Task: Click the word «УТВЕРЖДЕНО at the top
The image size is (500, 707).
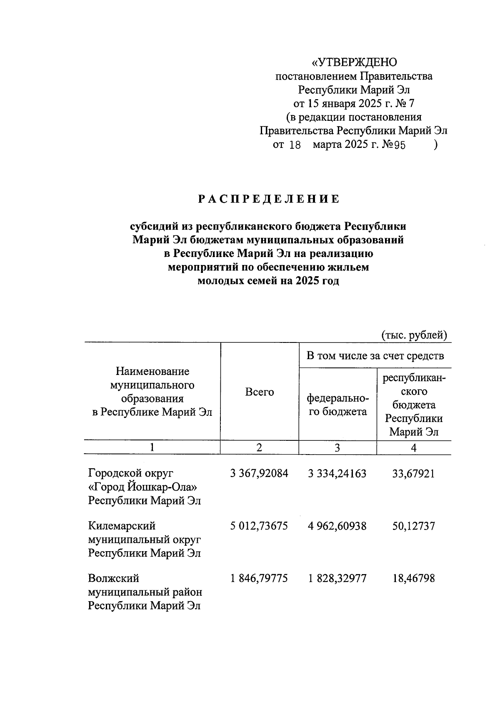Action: [x=355, y=62]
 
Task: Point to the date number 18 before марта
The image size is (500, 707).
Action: [x=295, y=145]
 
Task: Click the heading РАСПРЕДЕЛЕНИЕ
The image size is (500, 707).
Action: [x=269, y=199]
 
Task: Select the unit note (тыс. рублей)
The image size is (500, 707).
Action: [x=414, y=335]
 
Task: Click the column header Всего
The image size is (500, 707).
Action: [x=260, y=392]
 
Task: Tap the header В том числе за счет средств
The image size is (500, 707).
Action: [x=375, y=355]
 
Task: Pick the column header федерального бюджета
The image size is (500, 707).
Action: [x=337, y=405]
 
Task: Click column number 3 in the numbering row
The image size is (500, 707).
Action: [x=337, y=448]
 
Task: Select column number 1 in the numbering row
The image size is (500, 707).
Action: [x=152, y=448]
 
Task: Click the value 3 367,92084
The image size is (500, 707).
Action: [x=259, y=473]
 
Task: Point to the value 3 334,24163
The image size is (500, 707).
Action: [x=337, y=473]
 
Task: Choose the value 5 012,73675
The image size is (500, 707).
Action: [x=259, y=526]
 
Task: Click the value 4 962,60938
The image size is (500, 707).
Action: [x=337, y=526]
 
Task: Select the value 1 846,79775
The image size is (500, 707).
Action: [x=259, y=578]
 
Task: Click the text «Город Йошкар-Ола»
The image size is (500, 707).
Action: [x=142, y=487]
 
